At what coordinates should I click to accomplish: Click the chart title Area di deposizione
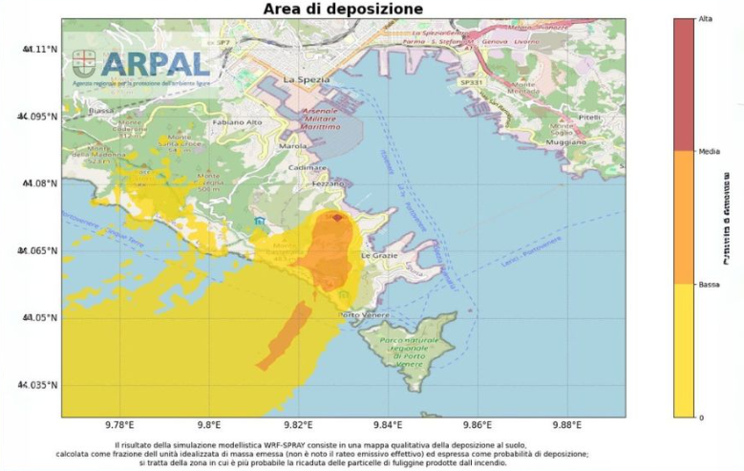pos(343,10)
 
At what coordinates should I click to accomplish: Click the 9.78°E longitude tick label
pos(118,425)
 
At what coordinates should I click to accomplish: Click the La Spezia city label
pos(307,79)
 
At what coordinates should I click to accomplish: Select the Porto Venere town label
pos(361,315)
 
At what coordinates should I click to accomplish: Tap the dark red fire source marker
pos(336,217)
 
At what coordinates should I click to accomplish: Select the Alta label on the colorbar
pos(706,19)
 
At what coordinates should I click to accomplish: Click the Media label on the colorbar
pos(710,151)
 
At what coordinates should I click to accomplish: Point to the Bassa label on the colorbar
pos(710,285)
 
